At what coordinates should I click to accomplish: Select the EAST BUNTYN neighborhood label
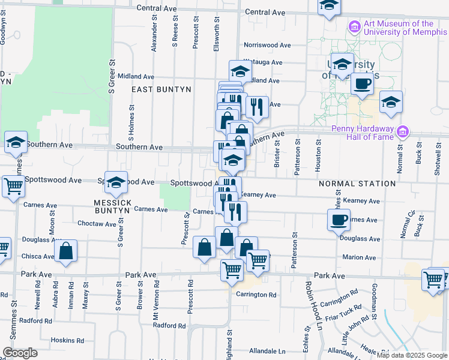[161, 89]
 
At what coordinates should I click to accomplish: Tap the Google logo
[20, 352]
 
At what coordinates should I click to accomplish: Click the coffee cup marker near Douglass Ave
[339, 220]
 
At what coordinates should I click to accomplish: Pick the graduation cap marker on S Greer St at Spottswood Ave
[116, 181]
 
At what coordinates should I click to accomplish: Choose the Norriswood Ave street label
[267, 46]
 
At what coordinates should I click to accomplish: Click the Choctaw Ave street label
[97, 224]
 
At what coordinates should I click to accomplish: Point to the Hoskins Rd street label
[66, 340]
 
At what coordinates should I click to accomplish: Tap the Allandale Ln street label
[267, 350]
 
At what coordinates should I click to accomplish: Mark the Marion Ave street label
[359, 257]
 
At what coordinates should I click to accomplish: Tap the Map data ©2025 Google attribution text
[412, 355]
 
